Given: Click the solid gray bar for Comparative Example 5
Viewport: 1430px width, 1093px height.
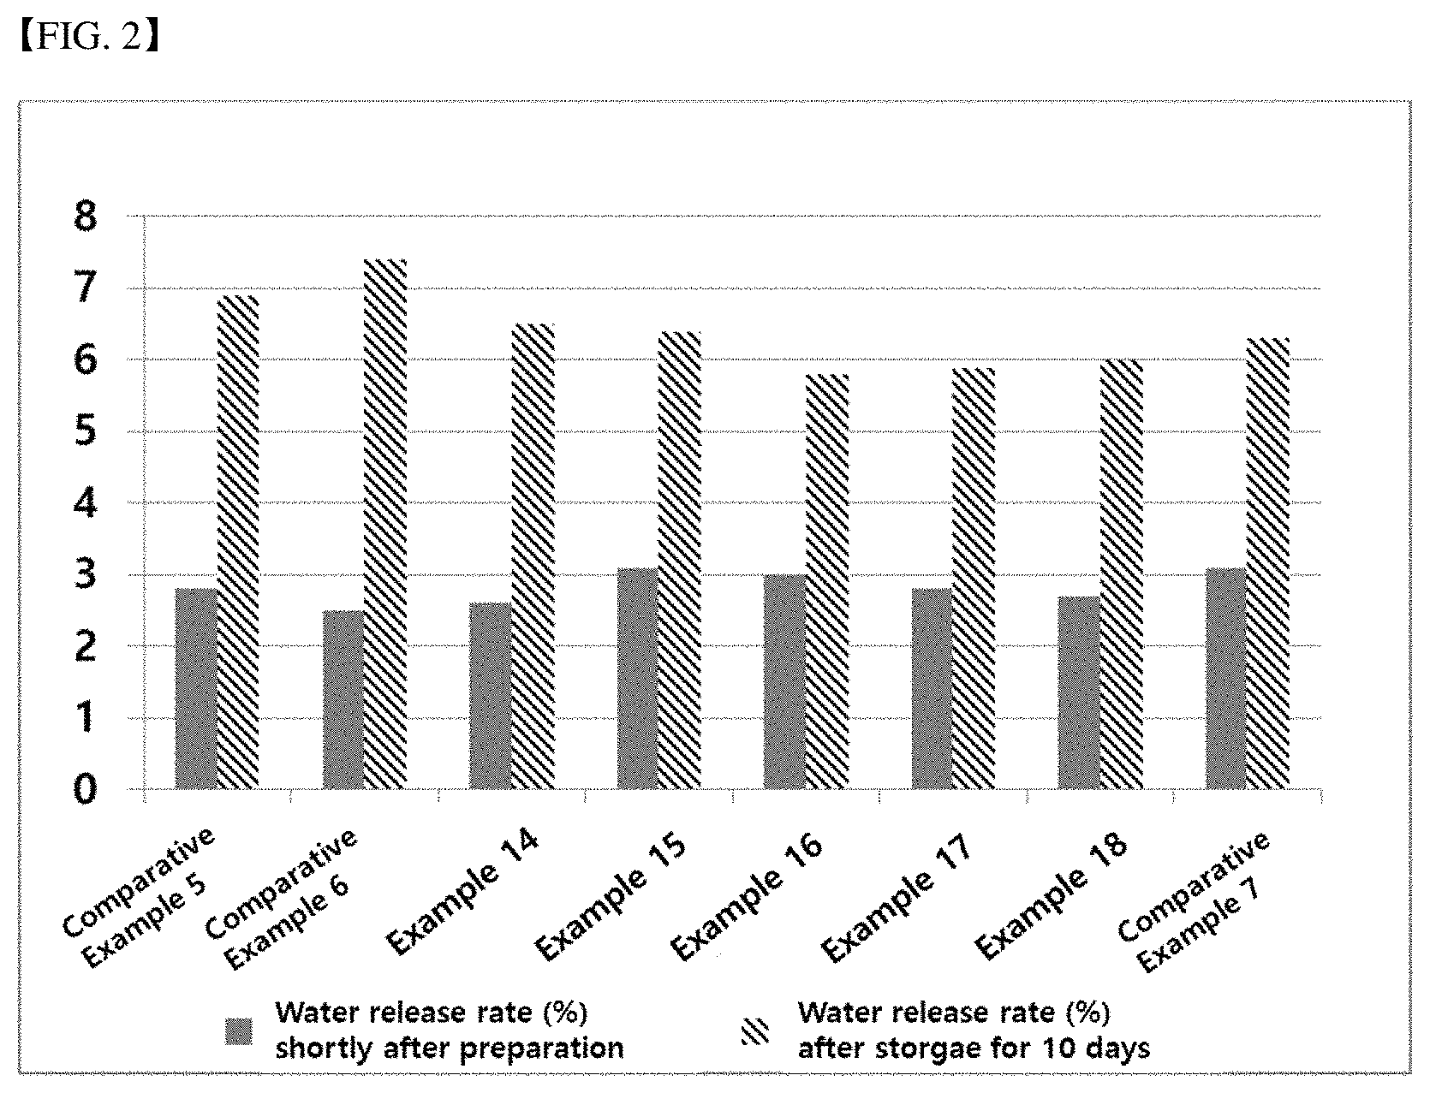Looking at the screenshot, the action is (196, 688).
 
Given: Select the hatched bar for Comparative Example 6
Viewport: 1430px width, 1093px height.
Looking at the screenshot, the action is (385, 524).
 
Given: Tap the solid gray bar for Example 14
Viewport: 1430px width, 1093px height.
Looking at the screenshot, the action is (490, 695).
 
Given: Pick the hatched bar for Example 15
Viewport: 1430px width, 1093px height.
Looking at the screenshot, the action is (680, 560).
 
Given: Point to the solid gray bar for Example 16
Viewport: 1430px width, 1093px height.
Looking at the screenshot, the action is (784, 681).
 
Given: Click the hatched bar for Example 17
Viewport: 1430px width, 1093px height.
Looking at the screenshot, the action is (974, 578).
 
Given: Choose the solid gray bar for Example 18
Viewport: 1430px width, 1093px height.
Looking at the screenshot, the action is (1079, 692).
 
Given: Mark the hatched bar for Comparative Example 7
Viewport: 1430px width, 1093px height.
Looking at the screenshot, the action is (1268, 563).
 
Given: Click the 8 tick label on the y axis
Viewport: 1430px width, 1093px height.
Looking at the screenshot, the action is (86, 217).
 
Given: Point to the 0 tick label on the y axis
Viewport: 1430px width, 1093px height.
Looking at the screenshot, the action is (86, 789).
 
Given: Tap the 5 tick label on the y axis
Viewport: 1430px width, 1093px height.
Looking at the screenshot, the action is (86, 431).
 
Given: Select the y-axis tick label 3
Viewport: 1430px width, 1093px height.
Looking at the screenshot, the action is (86, 574).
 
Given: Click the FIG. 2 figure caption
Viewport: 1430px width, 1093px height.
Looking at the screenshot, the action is (90, 37).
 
